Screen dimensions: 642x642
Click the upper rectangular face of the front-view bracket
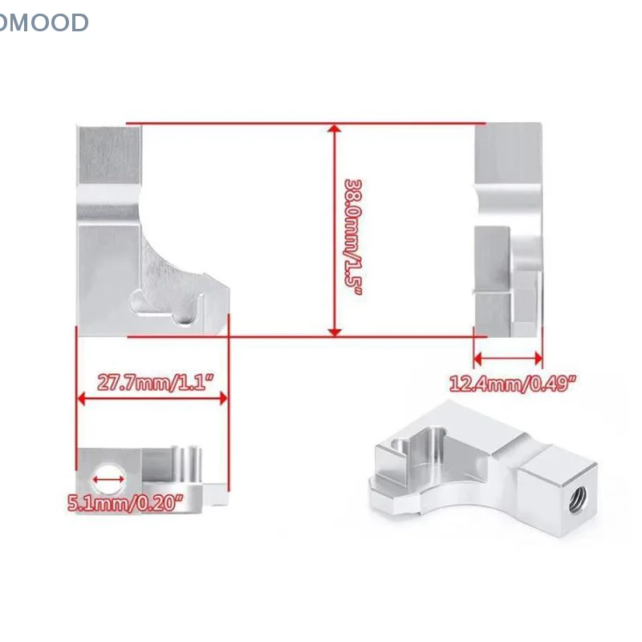tap(110, 160)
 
